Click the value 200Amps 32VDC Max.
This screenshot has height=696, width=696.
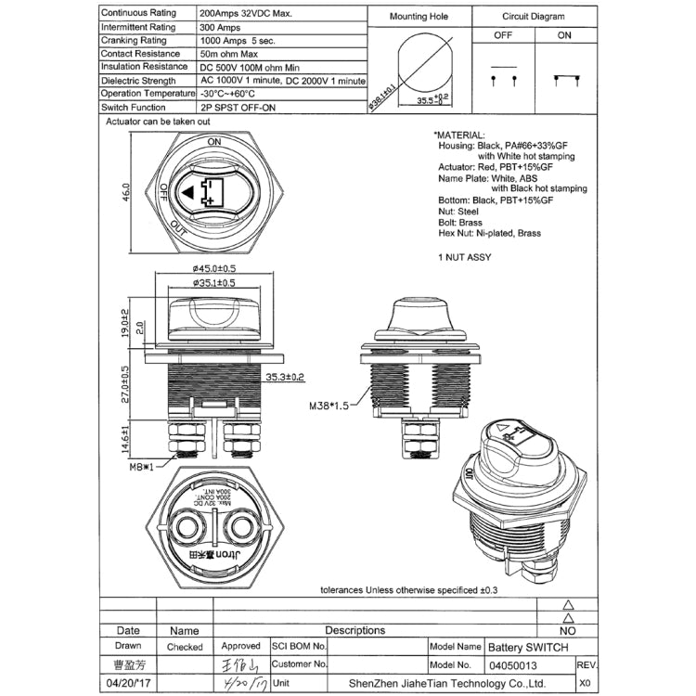(245, 15)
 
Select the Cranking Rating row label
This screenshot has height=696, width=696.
(134, 41)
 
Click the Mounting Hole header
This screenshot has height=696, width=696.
(419, 16)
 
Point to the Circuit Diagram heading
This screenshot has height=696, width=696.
(534, 16)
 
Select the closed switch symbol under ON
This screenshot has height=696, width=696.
(562, 80)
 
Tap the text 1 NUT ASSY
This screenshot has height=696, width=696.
(463, 256)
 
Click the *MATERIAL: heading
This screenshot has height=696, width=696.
(459, 135)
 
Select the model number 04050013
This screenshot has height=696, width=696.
(513, 664)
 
